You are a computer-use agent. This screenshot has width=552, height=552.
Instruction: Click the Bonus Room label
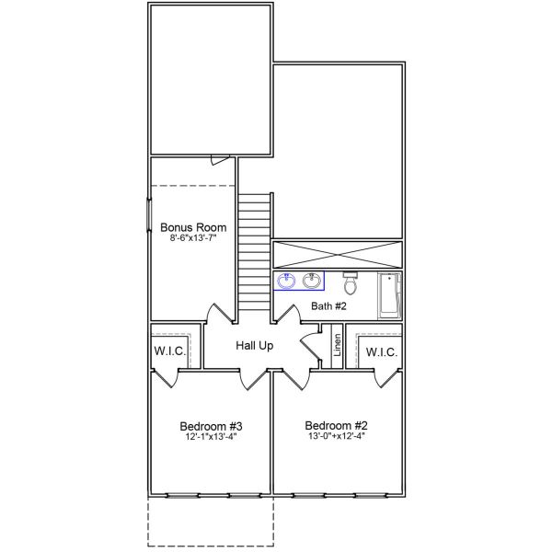click(192, 227)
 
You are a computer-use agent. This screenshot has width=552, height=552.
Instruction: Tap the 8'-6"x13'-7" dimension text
click(192, 238)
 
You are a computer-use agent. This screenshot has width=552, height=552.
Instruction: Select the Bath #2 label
click(328, 305)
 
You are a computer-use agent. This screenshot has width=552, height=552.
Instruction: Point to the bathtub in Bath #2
click(390, 294)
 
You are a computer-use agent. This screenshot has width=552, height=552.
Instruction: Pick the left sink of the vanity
click(287, 281)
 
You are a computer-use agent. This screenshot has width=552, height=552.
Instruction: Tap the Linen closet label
click(338, 347)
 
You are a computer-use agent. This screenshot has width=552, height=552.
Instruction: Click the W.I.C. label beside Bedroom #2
click(381, 352)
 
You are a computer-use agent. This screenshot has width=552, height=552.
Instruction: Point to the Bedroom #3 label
click(211, 426)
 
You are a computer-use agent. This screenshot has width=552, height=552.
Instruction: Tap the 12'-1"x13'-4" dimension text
click(211, 437)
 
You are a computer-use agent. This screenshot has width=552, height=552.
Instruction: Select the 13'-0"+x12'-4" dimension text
click(337, 437)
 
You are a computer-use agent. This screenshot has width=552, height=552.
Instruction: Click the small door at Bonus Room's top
click(218, 160)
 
